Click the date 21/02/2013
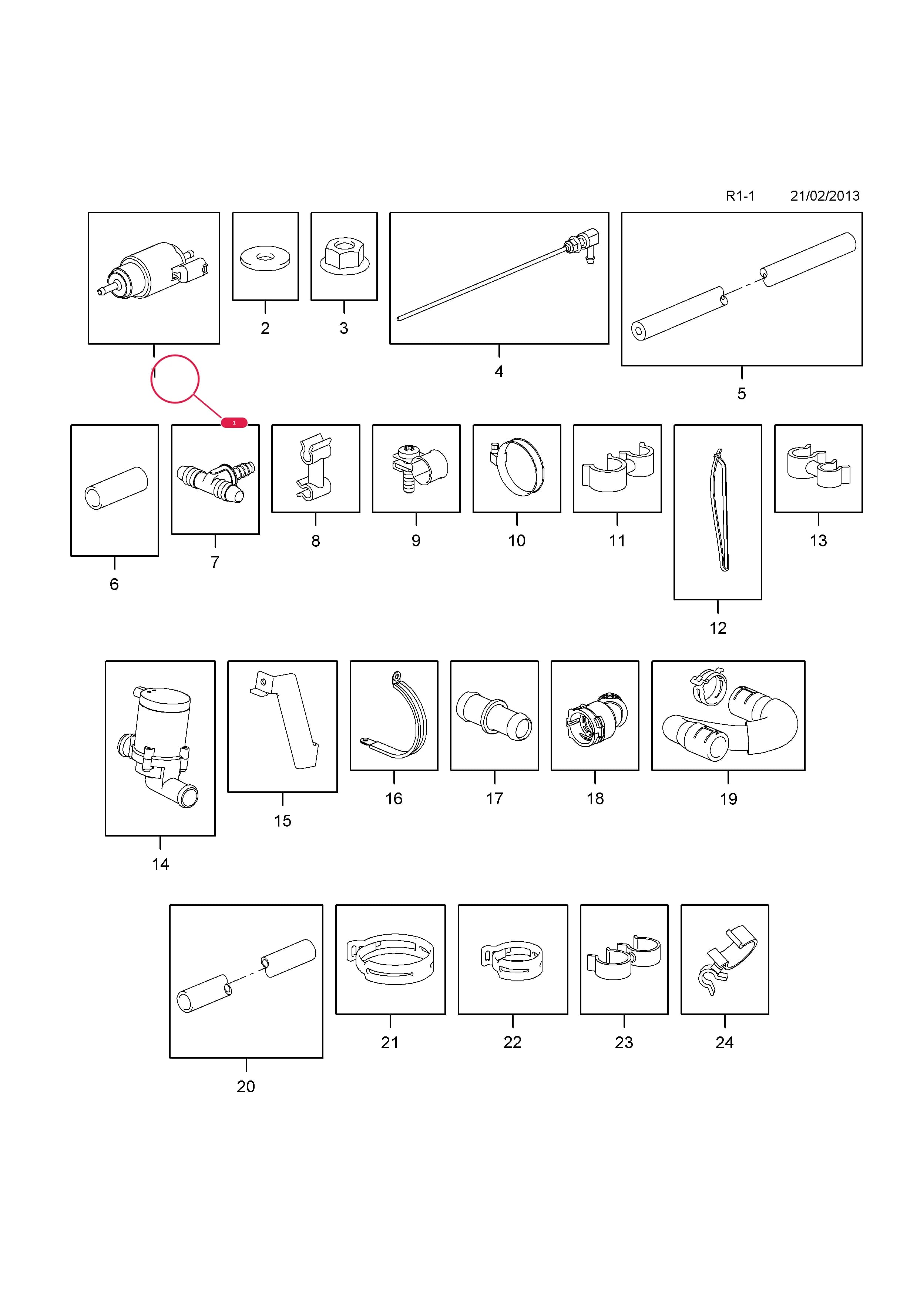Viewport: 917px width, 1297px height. [x=824, y=196]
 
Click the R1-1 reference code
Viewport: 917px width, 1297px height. [x=740, y=196]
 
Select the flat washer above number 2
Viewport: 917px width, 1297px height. [x=265, y=258]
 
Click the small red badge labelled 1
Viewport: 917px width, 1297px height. [x=234, y=423]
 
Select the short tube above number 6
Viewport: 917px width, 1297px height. [x=116, y=488]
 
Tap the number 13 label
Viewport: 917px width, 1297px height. [x=818, y=541]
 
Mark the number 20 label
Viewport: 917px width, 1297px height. [x=246, y=1086]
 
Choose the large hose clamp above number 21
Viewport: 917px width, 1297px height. [x=391, y=959]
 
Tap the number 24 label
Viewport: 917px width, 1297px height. [x=725, y=1042]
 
